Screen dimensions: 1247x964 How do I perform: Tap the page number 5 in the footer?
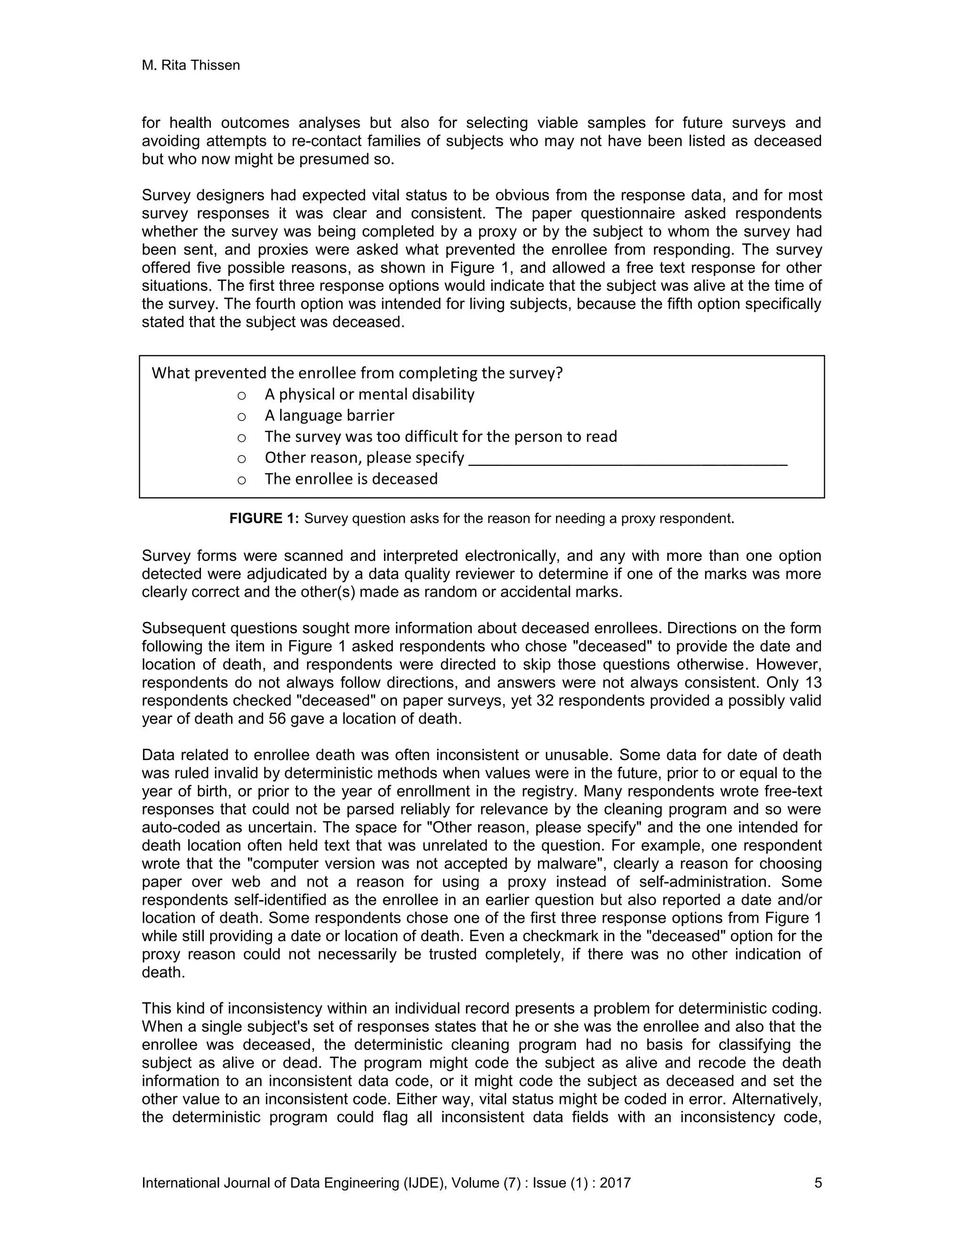coord(818,1183)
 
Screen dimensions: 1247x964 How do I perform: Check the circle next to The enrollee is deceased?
coord(241,480)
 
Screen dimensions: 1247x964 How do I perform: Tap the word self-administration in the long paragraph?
coord(705,882)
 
